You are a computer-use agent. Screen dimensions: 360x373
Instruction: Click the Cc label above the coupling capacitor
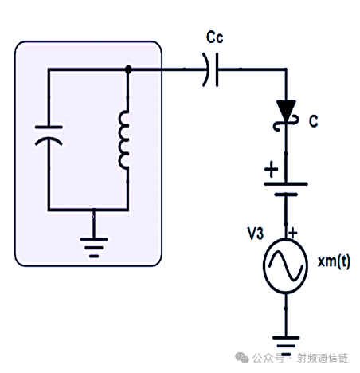point(215,37)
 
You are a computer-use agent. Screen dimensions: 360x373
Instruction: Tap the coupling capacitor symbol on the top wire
point(210,69)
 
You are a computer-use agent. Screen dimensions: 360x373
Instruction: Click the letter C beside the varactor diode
point(314,121)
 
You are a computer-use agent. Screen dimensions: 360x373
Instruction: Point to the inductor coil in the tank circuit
point(124,140)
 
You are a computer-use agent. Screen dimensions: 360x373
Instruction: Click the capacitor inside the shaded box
point(49,135)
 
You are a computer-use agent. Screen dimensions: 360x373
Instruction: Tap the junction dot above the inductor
point(128,69)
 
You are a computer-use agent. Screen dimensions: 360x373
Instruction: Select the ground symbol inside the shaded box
point(94,248)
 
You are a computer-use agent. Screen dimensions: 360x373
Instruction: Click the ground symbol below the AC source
point(286,346)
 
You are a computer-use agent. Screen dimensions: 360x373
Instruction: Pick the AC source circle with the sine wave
point(286,266)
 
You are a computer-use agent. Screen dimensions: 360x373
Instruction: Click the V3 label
point(256,234)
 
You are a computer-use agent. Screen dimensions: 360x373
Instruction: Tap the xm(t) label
point(334,262)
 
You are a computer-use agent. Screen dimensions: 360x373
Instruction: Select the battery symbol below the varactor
point(286,189)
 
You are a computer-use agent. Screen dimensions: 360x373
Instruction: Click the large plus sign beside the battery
point(272,169)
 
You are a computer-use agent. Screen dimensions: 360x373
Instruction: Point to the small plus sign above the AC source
point(293,234)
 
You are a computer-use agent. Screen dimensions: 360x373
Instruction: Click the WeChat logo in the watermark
point(242,358)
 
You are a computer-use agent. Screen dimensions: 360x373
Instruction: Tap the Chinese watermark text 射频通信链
point(323,358)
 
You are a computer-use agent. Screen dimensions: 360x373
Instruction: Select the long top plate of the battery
point(286,184)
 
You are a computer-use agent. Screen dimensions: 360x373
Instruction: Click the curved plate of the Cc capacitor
point(207,69)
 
